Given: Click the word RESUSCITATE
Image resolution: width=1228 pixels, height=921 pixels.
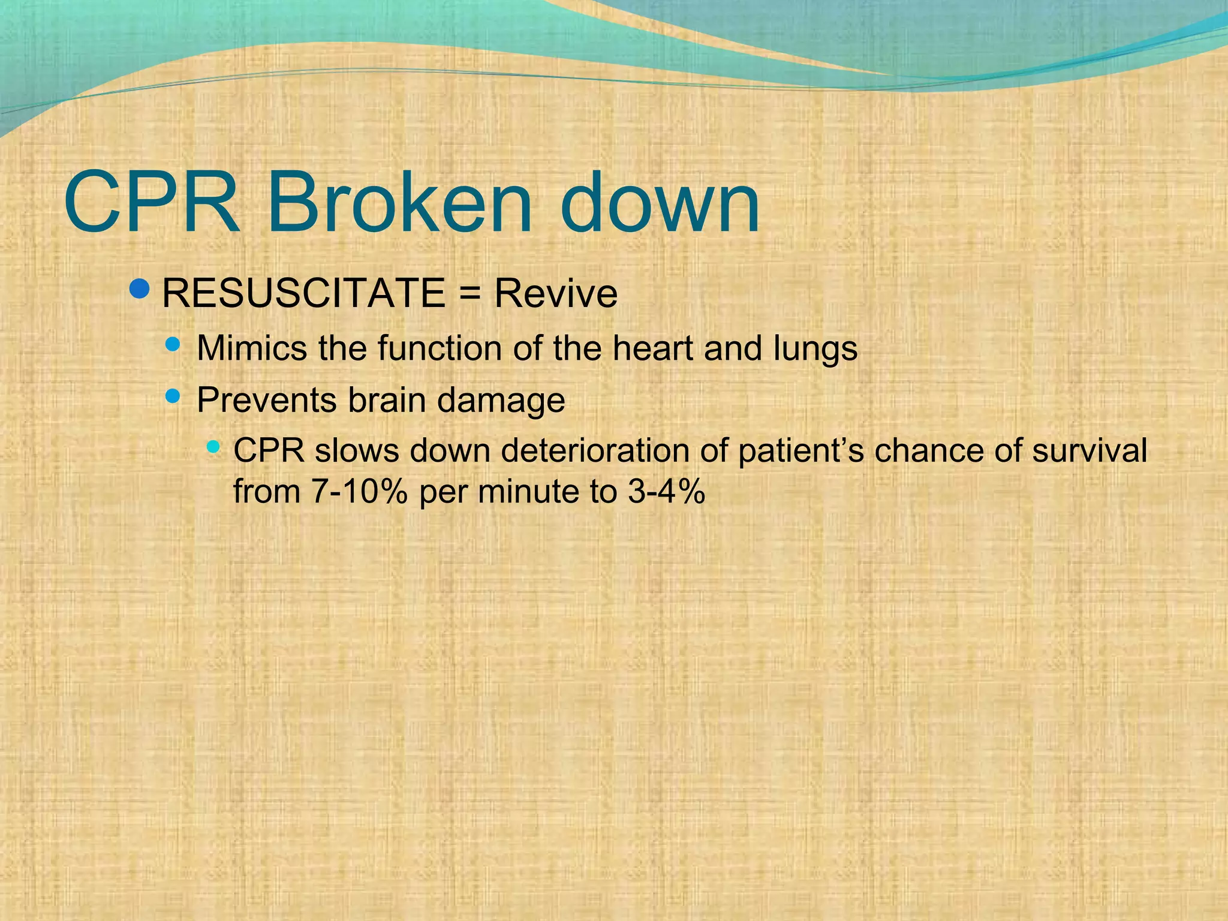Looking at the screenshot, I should (x=303, y=293).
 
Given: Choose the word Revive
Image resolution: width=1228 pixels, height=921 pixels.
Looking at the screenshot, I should (x=555, y=293).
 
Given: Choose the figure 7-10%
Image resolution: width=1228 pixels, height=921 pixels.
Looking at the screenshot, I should (x=359, y=492).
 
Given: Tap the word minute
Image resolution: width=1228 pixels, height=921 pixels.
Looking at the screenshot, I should (x=528, y=492).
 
